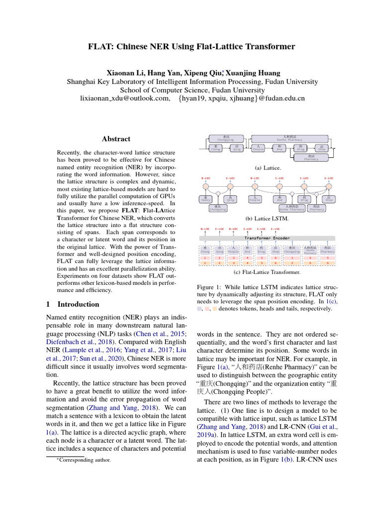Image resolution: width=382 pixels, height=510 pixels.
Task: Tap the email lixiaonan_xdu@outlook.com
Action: (x=125, y=99)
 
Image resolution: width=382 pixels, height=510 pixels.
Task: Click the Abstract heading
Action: (x=116, y=139)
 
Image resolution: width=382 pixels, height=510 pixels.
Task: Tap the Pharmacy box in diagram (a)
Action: (x=311, y=158)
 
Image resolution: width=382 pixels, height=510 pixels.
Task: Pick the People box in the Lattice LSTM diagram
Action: (x=255, y=199)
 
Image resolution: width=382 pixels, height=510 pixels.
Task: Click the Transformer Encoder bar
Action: (x=268, y=238)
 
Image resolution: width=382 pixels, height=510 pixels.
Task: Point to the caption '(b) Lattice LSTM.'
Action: (x=267, y=218)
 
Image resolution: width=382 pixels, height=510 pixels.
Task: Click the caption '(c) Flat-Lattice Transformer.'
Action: (x=267, y=272)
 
